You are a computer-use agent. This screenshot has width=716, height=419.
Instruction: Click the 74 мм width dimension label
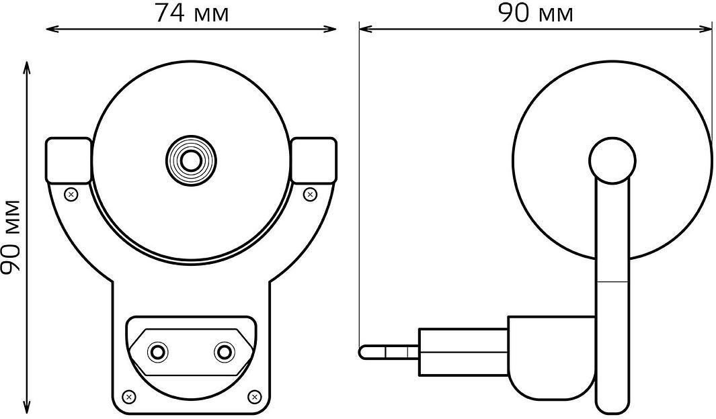click(192, 13)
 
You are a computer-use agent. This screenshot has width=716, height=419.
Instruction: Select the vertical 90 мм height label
click(11, 236)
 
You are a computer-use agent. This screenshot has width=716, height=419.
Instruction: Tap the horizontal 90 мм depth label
click(536, 13)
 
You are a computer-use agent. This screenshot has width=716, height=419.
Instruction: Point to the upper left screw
click(71, 195)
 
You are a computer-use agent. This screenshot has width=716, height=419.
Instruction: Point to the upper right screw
click(311, 195)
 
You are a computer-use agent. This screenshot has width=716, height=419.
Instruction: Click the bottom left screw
click(130, 396)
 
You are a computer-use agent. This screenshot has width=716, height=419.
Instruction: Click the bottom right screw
click(253, 396)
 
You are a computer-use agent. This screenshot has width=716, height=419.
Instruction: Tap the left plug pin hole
click(158, 352)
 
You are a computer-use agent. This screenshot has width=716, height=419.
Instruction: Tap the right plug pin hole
click(224, 352)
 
